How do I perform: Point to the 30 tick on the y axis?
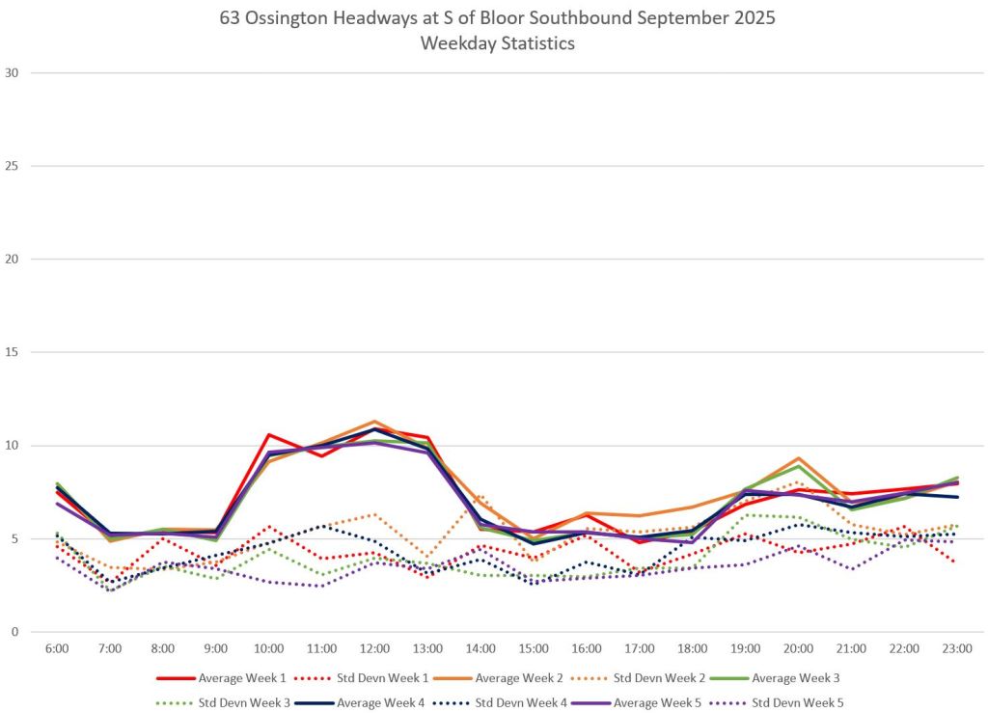13,72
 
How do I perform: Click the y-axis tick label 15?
13,352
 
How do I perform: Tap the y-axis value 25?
13,166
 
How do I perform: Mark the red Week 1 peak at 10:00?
269,434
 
